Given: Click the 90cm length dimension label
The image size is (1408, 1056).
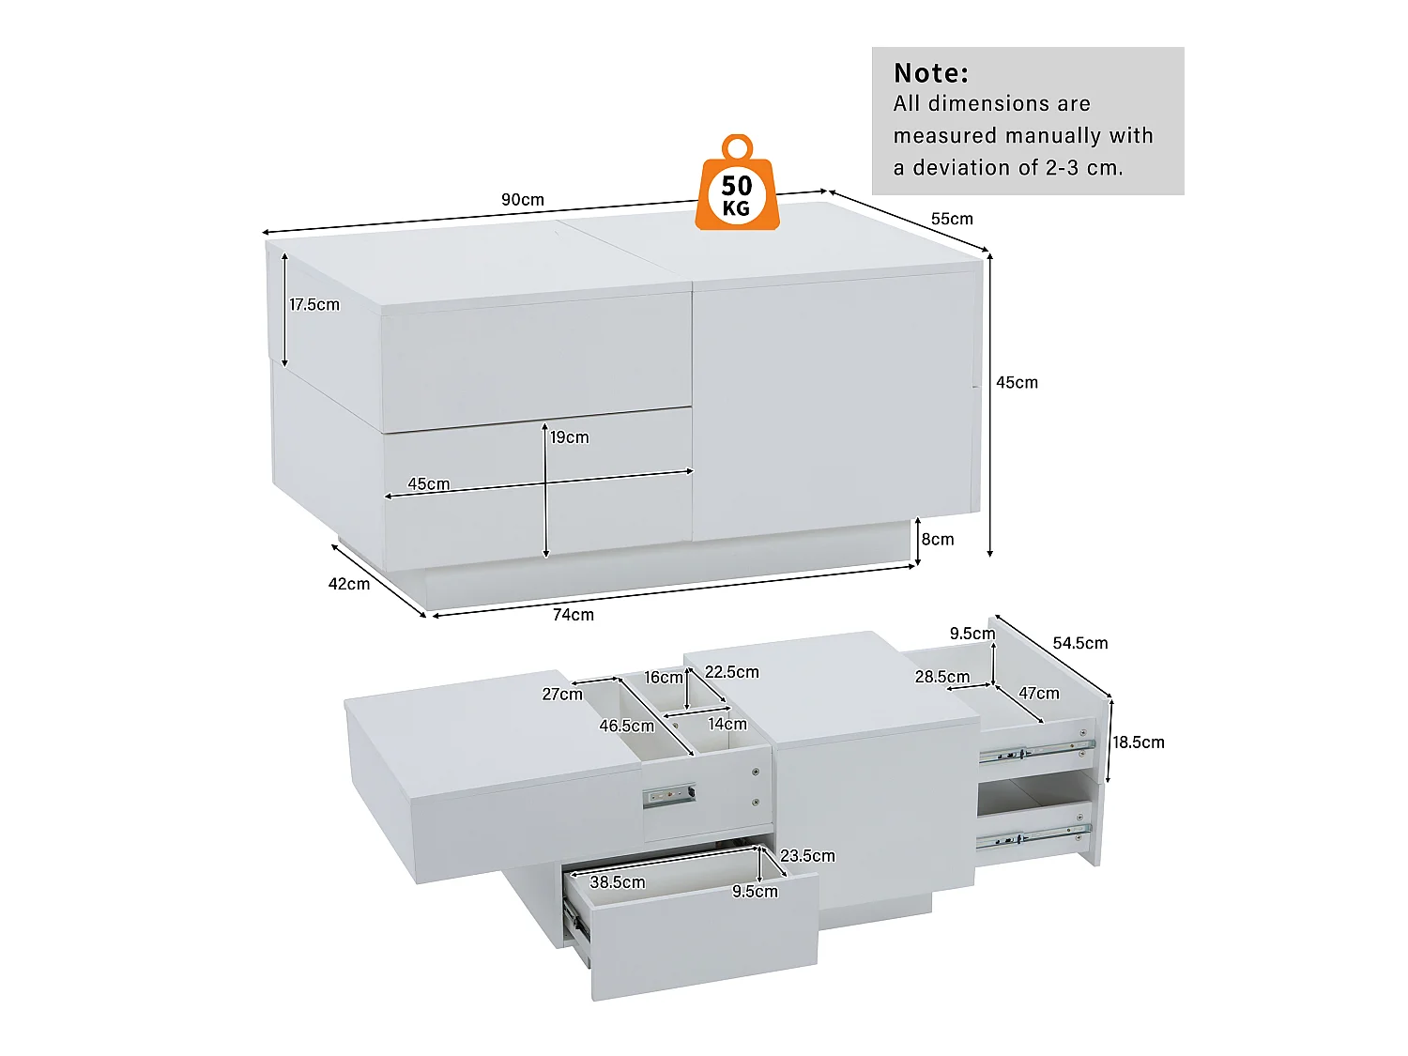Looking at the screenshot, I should (522, 200).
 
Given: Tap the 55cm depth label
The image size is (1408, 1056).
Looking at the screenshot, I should (952, 219).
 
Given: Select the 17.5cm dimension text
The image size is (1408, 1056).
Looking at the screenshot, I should (314, 305).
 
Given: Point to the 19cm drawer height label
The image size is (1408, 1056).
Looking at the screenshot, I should (570, 437).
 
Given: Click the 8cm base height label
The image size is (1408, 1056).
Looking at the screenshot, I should (938, 540).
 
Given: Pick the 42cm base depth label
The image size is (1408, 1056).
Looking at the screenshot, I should (348, 584).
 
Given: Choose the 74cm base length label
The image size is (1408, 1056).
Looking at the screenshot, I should (573, 615).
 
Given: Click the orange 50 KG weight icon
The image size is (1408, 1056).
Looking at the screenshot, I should (737, 188).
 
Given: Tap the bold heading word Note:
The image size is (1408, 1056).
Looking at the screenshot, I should (931, 73).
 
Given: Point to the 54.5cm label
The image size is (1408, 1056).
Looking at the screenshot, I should (1079, 644).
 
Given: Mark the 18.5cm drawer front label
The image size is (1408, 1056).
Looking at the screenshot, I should (1139, 742).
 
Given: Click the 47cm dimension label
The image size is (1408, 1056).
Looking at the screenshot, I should (1038, 694).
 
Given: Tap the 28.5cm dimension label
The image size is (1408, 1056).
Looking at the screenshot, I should (941, 678).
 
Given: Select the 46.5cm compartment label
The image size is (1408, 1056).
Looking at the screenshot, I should (626, 727).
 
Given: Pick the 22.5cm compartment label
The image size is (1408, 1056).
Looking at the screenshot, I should (731, 672).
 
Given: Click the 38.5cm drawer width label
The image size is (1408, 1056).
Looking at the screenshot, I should (617, 882).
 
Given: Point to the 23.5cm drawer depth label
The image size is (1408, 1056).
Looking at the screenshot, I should (807, 856).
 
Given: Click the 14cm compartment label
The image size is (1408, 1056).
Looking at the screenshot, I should (727, 724).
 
